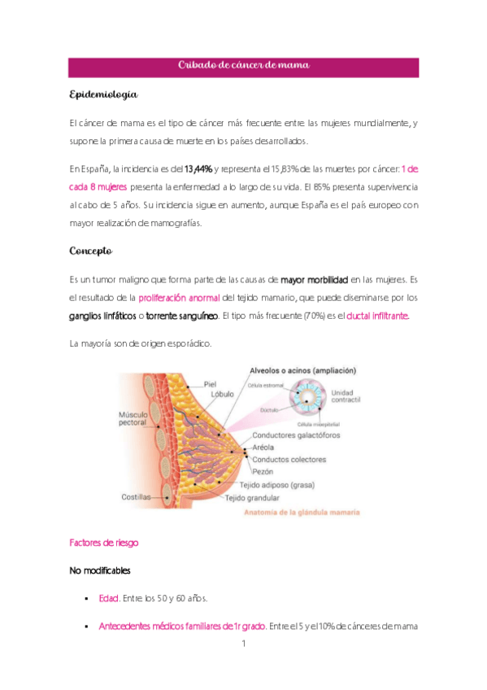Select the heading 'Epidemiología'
[x=103, y=96]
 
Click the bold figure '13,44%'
[x=199, y=169]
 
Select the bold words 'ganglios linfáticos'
[x=102, y=315]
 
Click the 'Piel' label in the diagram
[x=210, y=384]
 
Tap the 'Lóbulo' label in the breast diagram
[x=222, y=395]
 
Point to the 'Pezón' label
[x=263, y=470]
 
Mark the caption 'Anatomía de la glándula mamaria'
[x=302, y=513]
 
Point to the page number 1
[x=243, y=644]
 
